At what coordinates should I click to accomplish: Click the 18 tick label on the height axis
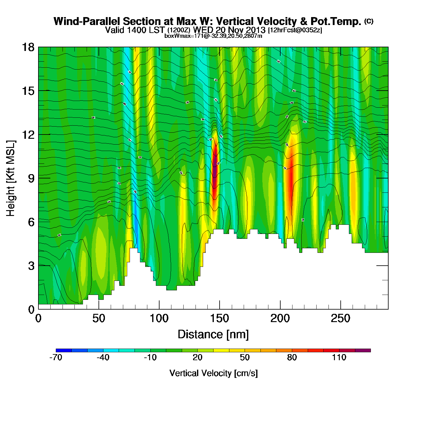tap(28, 47)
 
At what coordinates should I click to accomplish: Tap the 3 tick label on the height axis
tap(31, 266)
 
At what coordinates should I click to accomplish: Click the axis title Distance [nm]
tap(213, 335)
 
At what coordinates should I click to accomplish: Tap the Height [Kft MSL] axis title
tap(11, 178)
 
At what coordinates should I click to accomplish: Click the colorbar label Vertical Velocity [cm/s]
tap(213, 373)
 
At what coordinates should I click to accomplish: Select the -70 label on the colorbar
tap(56, 358)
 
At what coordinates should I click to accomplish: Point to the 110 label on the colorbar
tap(339, 358)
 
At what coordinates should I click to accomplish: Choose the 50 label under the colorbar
tap(245, 358)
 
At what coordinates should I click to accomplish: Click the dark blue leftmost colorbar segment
tap(64, 350)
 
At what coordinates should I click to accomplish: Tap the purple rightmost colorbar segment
tap(363, 350)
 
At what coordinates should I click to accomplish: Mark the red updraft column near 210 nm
tap(290, 177)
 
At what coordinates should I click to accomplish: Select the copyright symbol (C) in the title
tap(369, 21)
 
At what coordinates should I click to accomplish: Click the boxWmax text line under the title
tap(213, 36)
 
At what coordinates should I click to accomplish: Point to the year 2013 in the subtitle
tap(256, 30)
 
